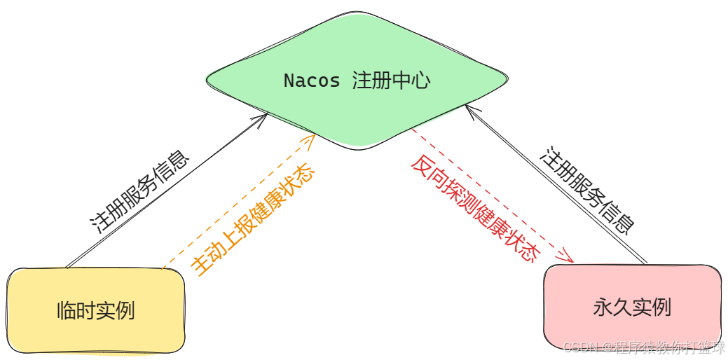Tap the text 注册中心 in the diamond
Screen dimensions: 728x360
(x=391, y=81)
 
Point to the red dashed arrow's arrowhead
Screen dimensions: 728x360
(x=568, y=258)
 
